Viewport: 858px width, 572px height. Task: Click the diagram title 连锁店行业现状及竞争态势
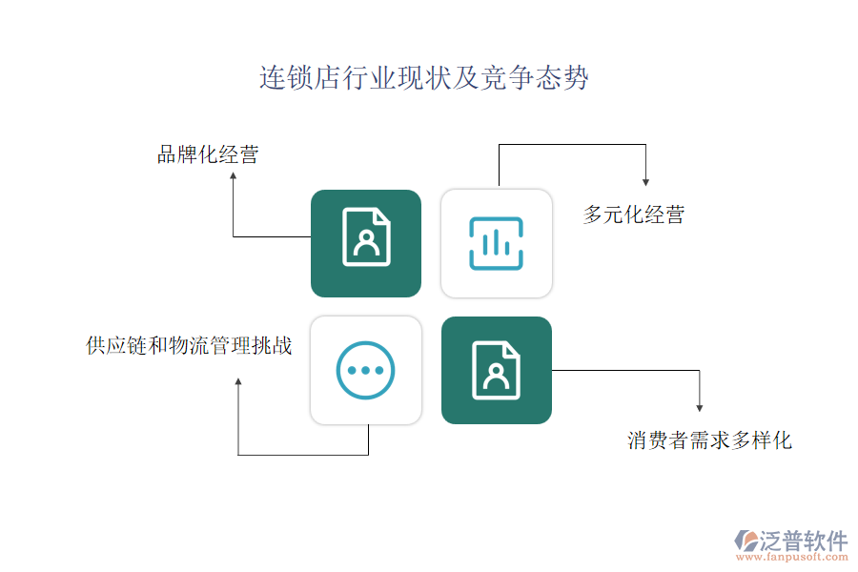(x=424, y=77)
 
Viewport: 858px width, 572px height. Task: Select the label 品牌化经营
(x=208, y=154)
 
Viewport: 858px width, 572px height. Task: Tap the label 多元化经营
(x=634, y=214)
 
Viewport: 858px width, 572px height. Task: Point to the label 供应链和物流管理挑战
(x=189, y=345)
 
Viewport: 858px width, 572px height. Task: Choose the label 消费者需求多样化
(x=709, y=440)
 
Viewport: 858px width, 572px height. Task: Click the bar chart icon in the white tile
(x=497, y=244)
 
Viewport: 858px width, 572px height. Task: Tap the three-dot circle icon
(x=365, y=371)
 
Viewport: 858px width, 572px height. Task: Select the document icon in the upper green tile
(x=366, y=237)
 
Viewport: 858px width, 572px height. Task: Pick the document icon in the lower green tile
(x=497, y=371)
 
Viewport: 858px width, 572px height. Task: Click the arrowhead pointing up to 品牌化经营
(x=234, y=175)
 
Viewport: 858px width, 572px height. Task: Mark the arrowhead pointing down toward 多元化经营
(x=645, y=182)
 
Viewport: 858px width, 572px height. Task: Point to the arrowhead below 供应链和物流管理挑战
(x=238, y=381)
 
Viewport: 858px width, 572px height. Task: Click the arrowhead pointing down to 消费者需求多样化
(x=700, y=408)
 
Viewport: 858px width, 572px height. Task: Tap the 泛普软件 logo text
(x=804, y=541)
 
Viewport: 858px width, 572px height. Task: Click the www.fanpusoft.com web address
(x=792, y=557)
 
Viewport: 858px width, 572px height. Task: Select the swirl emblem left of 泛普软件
(x=746, y=541)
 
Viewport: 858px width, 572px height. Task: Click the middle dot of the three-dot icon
(x=365, y=371)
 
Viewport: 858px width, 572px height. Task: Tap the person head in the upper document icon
(x=366, y=236)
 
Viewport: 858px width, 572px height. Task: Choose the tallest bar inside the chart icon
(x=496, y=242)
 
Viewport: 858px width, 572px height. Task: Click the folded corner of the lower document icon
(x=513, y=349)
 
